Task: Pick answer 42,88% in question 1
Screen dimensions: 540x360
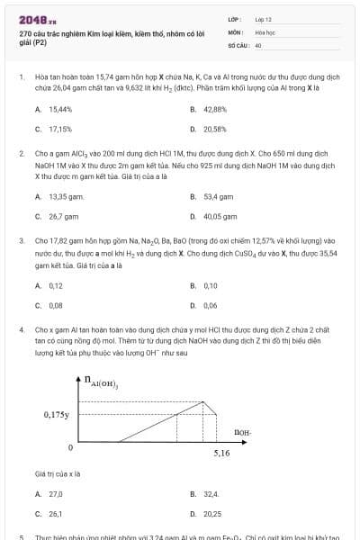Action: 214,109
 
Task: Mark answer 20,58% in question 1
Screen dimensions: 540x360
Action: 214,129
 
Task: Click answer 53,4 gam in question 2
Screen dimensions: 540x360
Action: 217,196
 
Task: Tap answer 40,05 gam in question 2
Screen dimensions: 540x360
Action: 219,216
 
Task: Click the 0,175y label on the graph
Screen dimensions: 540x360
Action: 56,415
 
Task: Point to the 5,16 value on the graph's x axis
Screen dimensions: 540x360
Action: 221,454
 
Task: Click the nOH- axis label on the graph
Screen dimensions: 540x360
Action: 242,432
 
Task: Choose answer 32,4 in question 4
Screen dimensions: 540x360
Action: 211,494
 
